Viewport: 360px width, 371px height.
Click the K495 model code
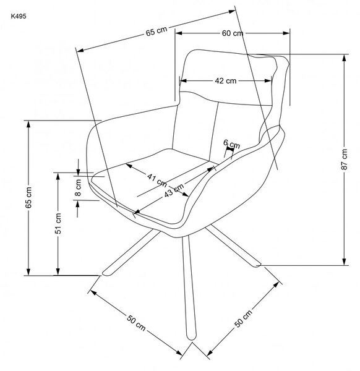pos(19,16)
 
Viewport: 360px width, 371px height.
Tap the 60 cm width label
pos(233,33)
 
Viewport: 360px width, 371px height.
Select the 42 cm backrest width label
pos(226,81)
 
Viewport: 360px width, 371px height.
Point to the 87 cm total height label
pos(345,159)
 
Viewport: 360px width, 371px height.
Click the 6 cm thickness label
pos(232,144)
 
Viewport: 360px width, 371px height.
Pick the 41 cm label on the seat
pos(157,180)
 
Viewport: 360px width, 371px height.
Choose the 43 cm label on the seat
pos(174,190)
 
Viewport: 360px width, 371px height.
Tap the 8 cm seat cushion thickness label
pos(78,187)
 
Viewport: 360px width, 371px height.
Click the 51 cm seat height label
pos(58,223)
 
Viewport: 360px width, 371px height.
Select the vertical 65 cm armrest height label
pos(28,197)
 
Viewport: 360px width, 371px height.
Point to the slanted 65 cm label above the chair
pos(156,32)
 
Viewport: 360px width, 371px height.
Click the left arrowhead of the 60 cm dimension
pos(179,33)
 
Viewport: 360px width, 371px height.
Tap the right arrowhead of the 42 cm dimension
pos(268,80)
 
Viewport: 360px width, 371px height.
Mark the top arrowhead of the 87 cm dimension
pos(345,58)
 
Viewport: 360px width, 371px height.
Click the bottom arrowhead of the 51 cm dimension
pos(58,271)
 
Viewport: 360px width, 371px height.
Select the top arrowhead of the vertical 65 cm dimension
pos(28,124)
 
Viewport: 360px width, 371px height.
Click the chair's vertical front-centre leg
pos(189,288)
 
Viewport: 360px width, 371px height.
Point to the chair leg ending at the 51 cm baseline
pos(131,253)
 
